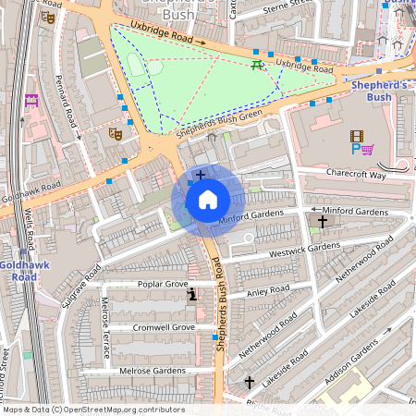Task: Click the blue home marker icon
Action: [208, 200]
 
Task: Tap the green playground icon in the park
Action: [257, 64]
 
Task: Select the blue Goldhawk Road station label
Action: [18, 271]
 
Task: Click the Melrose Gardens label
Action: [153, 371]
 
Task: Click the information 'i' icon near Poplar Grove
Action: [192, 295]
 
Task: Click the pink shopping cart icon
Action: [368, 149]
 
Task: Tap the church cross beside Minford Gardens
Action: [323, 222]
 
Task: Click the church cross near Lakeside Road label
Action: [249, 382]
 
